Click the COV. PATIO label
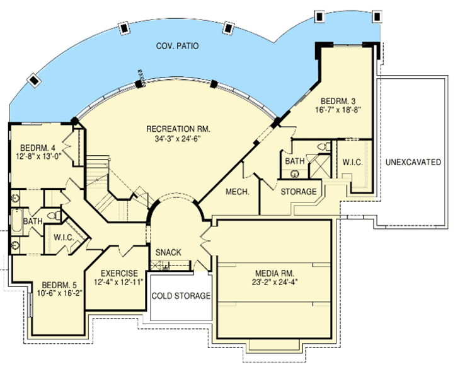(178, 47)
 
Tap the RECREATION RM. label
(178, 129)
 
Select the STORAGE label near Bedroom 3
(299, 191)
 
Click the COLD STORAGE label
(181, 296)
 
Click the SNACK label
(169, 252)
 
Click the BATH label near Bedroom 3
(295, 161)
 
